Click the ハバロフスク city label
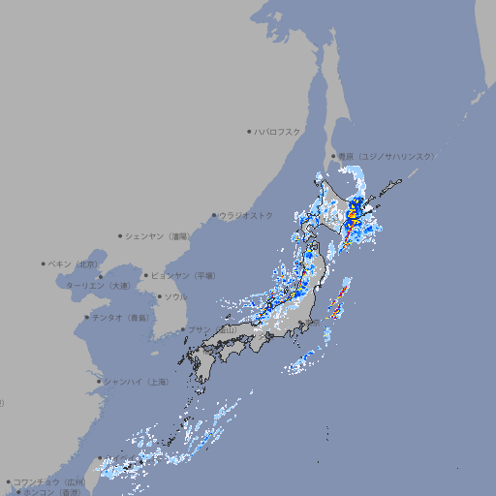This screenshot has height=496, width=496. (x=277, y=131)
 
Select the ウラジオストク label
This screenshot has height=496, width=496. (x=245, y=215)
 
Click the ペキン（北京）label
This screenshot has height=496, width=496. (x=75, y=263)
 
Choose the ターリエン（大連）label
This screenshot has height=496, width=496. (x=98, y=286)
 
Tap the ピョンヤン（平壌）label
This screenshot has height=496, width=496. (x=183, y=275)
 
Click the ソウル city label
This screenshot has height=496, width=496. (x=175, y=296)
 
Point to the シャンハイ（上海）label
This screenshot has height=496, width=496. (x=136, y=382)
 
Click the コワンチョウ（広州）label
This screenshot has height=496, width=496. (x=49, y=481)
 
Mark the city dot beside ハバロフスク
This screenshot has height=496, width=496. (x=249, y=131)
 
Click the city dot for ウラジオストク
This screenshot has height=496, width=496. (x=214, y=215)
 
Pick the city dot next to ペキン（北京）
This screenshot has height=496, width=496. (x=44, y=263)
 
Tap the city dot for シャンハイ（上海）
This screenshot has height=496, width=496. (x=99, y=382)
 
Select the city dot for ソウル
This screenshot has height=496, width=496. (x=158, y=296)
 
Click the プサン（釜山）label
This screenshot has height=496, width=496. (x=212, y=329)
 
